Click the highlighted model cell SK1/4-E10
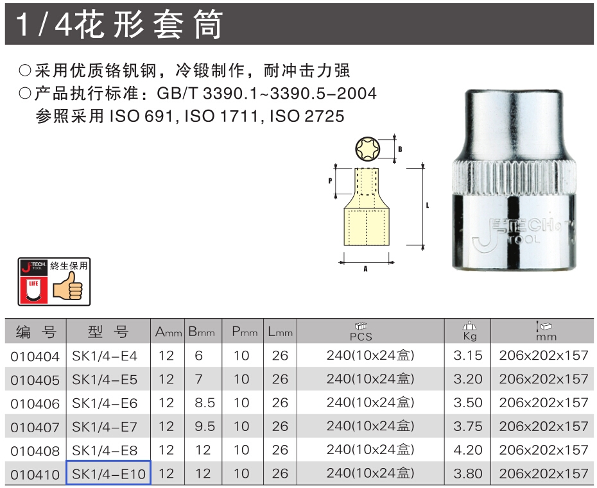coord(108,473)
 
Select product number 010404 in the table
coord(35,357)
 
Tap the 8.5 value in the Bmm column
coord(205,403)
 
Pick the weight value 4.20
coord(468,450)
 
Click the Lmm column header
coord(281,332)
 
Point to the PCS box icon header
coord(361,332)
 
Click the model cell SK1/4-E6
coord(105,403)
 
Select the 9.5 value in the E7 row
coord(205,426)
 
